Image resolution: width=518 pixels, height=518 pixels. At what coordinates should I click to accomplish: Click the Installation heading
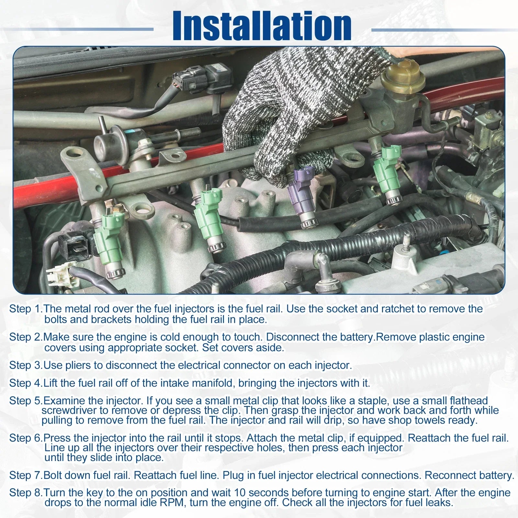click(x=262, y=26)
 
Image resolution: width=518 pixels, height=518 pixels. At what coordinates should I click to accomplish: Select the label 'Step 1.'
click(x=26, y=309)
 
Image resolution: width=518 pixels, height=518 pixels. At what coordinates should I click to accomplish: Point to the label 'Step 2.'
click(x=26, y=337)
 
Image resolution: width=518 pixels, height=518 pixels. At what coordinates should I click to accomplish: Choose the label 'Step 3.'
click(x=26, y=365)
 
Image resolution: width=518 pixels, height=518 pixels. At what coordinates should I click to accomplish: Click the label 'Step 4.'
click(x=26, y=383)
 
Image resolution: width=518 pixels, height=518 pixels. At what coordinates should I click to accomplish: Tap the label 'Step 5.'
click(x=26, y=401)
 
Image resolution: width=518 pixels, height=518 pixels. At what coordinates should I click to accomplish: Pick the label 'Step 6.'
click(x=26, y=438)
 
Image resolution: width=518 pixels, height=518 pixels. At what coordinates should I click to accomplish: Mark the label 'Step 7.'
click(x=26, y=475)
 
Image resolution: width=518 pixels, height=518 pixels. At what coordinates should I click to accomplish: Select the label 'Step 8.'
click(x=26, y=493)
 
